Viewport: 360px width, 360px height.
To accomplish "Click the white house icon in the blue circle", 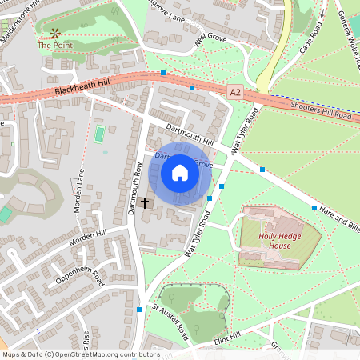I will coord(180,173).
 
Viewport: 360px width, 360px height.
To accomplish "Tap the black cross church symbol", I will coord(145,203).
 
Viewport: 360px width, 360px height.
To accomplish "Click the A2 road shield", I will coord(234,93).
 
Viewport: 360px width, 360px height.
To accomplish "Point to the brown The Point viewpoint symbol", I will coord(55,33).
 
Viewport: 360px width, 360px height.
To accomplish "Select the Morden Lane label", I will coord(82,186).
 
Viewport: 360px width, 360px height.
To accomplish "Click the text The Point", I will coord(54,46).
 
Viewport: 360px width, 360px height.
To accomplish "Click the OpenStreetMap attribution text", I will coord(81,354).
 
